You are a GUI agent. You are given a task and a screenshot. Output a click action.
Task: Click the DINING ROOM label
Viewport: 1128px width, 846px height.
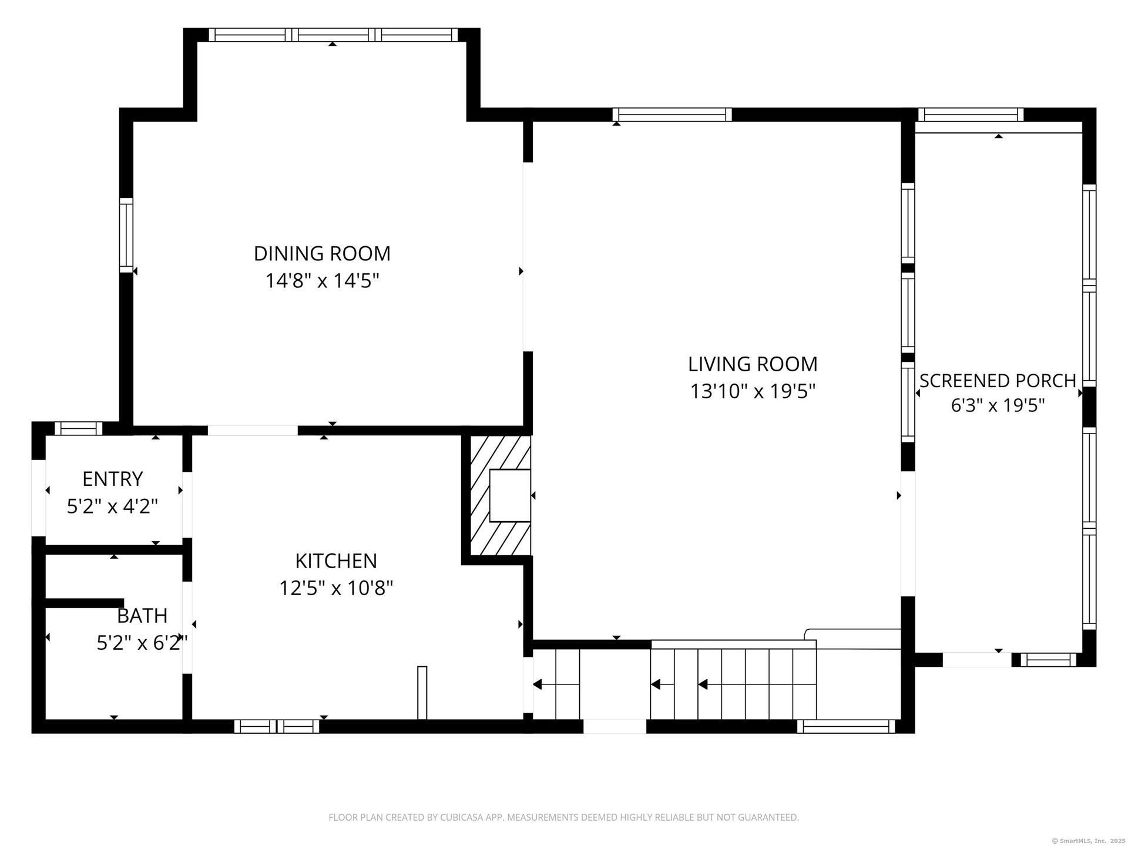[x=322, y=253]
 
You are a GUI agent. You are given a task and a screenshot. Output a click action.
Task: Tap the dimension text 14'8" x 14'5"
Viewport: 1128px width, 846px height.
[x=322, y=281]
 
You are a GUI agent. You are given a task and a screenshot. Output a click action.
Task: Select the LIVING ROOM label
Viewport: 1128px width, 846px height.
[x=753, y=364]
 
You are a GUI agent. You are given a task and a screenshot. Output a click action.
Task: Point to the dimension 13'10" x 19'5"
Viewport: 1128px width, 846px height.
[x=753, y=391]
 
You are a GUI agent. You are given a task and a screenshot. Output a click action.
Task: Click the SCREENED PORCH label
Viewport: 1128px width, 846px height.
[x=998, y=381]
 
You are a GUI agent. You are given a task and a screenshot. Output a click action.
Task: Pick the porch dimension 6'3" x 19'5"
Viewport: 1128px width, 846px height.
[x=998, y=405]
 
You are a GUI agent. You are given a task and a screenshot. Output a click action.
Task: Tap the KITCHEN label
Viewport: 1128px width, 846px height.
[x=336, y=561]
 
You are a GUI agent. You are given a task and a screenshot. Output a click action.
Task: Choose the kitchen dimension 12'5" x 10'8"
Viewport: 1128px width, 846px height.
[x=336, y=587]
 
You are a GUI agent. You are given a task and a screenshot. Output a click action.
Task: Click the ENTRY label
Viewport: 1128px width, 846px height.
[x=113, y=479]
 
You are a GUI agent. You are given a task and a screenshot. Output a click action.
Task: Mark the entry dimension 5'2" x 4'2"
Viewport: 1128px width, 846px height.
[x=113, y=506]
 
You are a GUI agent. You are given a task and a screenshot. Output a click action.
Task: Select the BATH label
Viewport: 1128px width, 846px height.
[x=142, y=616]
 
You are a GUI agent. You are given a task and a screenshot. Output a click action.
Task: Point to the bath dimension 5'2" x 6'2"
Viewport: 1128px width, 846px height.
[x=142, y=643]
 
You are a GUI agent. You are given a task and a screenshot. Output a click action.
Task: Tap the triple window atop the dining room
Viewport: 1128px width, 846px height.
[x=333, y=35]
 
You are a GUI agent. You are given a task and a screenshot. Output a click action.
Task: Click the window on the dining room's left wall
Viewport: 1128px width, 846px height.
[x=126, y=235]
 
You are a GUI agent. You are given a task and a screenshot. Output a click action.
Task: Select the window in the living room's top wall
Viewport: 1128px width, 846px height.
[x=672, y=115]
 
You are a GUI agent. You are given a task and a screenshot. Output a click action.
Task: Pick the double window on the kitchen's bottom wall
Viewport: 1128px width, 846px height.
[x=277, y=726]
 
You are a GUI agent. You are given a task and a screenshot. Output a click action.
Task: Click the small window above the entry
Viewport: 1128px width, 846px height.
[x=78, y=428]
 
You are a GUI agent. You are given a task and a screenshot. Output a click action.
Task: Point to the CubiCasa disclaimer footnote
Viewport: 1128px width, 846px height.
[x=563, y=817]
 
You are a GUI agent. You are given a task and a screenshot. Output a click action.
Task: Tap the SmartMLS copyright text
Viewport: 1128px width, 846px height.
[x=1087, y=841]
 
